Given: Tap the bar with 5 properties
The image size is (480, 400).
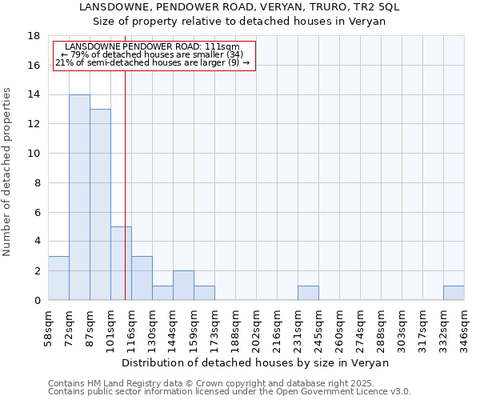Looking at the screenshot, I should (121, 263).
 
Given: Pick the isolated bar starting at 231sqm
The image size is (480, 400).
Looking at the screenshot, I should (308, 293).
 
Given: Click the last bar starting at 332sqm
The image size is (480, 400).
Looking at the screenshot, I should (454, 293).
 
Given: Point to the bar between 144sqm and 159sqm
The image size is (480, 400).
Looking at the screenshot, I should (183, 286).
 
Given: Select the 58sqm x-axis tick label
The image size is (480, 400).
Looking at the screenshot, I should (48, 326).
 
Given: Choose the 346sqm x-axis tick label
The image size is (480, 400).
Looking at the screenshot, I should (464, 326).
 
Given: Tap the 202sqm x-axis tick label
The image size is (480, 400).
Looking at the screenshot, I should (256, 326).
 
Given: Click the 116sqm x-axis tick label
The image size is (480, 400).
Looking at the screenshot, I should (131, 326).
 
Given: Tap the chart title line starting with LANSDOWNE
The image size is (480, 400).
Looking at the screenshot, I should (239, 7).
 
